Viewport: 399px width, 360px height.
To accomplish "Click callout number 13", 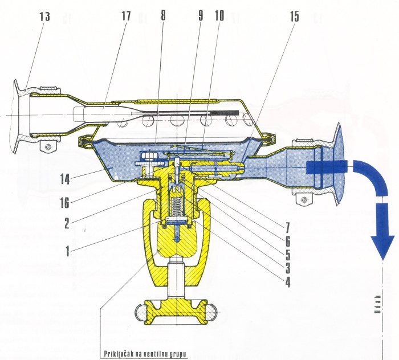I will (44, 17).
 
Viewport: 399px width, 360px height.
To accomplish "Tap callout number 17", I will (126, 17).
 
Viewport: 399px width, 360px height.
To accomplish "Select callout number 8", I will (164, 17).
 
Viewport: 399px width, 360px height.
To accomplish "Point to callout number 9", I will (200, 17).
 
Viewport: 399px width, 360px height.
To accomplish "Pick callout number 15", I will (294, 17).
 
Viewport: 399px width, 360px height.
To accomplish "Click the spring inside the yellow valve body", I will (178, 206).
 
